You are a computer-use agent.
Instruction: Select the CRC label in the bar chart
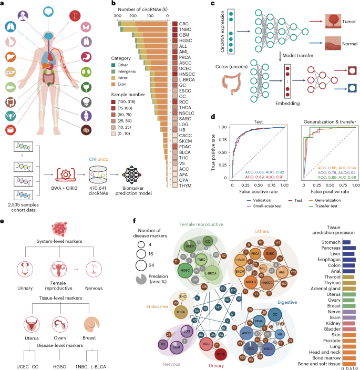tap(184, 24)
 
